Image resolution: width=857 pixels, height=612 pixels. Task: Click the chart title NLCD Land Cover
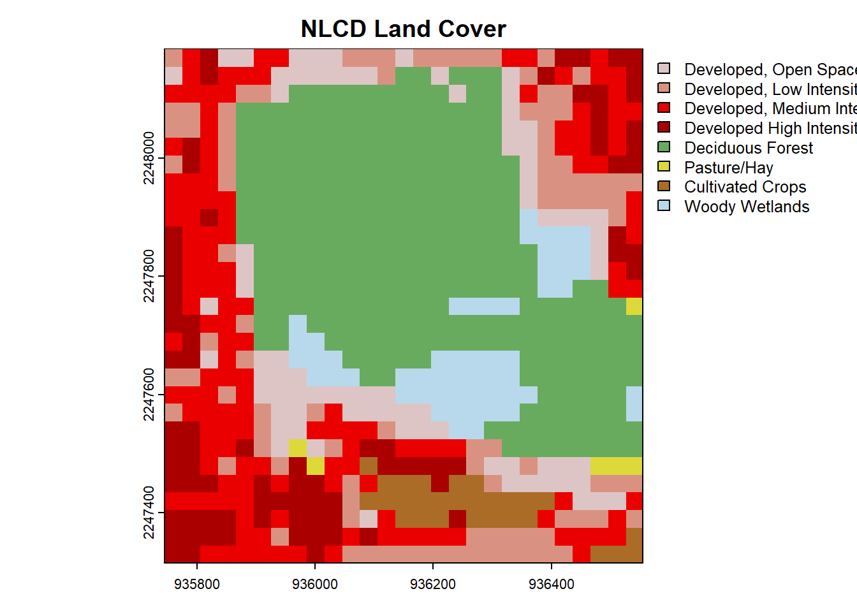[x=403, y=29]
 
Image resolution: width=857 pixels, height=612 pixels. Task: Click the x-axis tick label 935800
[x=197, y=584]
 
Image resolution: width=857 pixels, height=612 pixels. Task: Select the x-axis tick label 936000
[x=315, y=584]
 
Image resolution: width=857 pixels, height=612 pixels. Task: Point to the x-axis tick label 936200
[x=433, y=584]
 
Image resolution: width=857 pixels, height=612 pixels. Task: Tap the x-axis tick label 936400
[x=552, y=584]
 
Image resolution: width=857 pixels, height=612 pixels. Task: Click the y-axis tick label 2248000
[x=149, y=158]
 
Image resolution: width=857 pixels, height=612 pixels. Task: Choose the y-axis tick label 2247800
[x=149, y=276]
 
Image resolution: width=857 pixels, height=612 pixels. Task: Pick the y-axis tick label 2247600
[x=149, y=395]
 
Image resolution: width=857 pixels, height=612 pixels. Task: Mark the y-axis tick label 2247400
[x=149, y=513]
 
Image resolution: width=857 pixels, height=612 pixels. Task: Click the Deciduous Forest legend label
[x=749, y=148]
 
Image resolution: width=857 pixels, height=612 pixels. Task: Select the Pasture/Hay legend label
[x=729, y=168]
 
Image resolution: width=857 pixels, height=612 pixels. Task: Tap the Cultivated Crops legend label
[x=745, y=187]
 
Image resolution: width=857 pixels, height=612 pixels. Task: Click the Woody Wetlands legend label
[x=747, y=207]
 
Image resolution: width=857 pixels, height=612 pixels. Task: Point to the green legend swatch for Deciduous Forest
[x=664, y=147]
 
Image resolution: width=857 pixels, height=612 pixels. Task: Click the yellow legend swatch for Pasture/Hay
[x=664, y=166]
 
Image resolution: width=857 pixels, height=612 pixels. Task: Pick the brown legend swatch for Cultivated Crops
[x=664, y=186]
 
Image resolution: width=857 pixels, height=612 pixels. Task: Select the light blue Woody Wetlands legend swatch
[x=664, y=206]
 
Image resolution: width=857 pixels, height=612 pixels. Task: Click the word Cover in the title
[x=472, y=29]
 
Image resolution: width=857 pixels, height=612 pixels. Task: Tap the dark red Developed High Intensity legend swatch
[x=664, y=127]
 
